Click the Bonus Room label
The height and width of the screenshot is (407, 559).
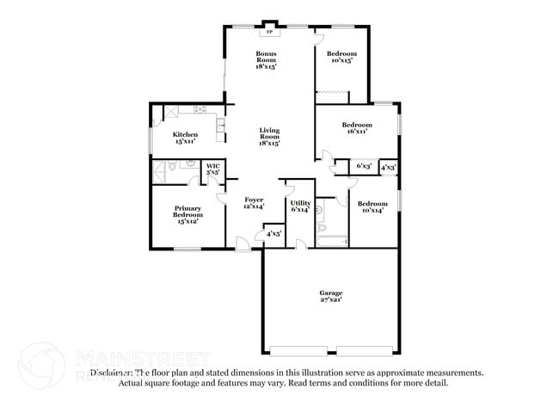pyautogui.click(x=265, y=59)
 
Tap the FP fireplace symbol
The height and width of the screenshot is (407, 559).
pyautogui.click(x=269, y=32)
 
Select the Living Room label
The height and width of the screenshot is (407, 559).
pyautogui.click(x=270, y=135)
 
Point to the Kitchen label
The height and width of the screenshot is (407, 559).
pyautogui.click(x=185, y=138)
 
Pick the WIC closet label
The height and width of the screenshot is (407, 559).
pyautogui.click(x=212, y=169)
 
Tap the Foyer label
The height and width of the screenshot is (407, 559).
pyautogui.click(x=253, y=202)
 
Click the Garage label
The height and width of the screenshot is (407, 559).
pyautogui.click(x=330, y=297)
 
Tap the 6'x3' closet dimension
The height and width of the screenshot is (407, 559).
pyautogui.click(x=364, y=167)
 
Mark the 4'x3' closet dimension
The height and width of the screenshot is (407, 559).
pyautogui.click(x=388, y=167)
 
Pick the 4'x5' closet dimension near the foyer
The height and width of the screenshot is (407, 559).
pyautogui.click(x=273, y=233)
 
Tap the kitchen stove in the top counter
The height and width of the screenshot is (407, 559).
pyautogui.click(x=200, y=109)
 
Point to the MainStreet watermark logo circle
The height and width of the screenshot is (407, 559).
pyautogui.click(x=40, y=364)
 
